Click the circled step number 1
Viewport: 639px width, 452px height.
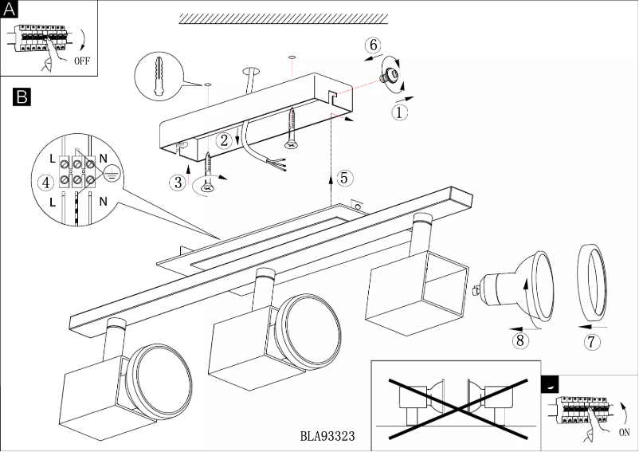(x=399, y=112)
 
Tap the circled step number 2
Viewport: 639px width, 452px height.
(x=225, y=140)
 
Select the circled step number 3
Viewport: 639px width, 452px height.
(x=177, y=182)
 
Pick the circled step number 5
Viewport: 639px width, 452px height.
(x=343, y=177)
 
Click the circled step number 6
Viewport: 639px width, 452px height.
(x=373, y=45)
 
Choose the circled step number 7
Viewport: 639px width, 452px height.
(x=590, y=343)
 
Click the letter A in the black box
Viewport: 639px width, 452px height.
(x=10, y=10)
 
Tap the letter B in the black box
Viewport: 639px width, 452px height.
(x=22, y=97)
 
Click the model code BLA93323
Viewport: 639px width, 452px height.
(x=327, y=437)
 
